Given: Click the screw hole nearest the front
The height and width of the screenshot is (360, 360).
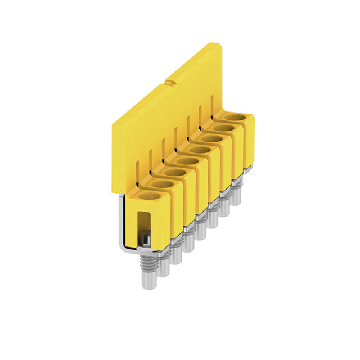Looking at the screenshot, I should coord(148,196).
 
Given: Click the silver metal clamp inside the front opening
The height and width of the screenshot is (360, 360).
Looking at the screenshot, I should coord(145,239).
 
